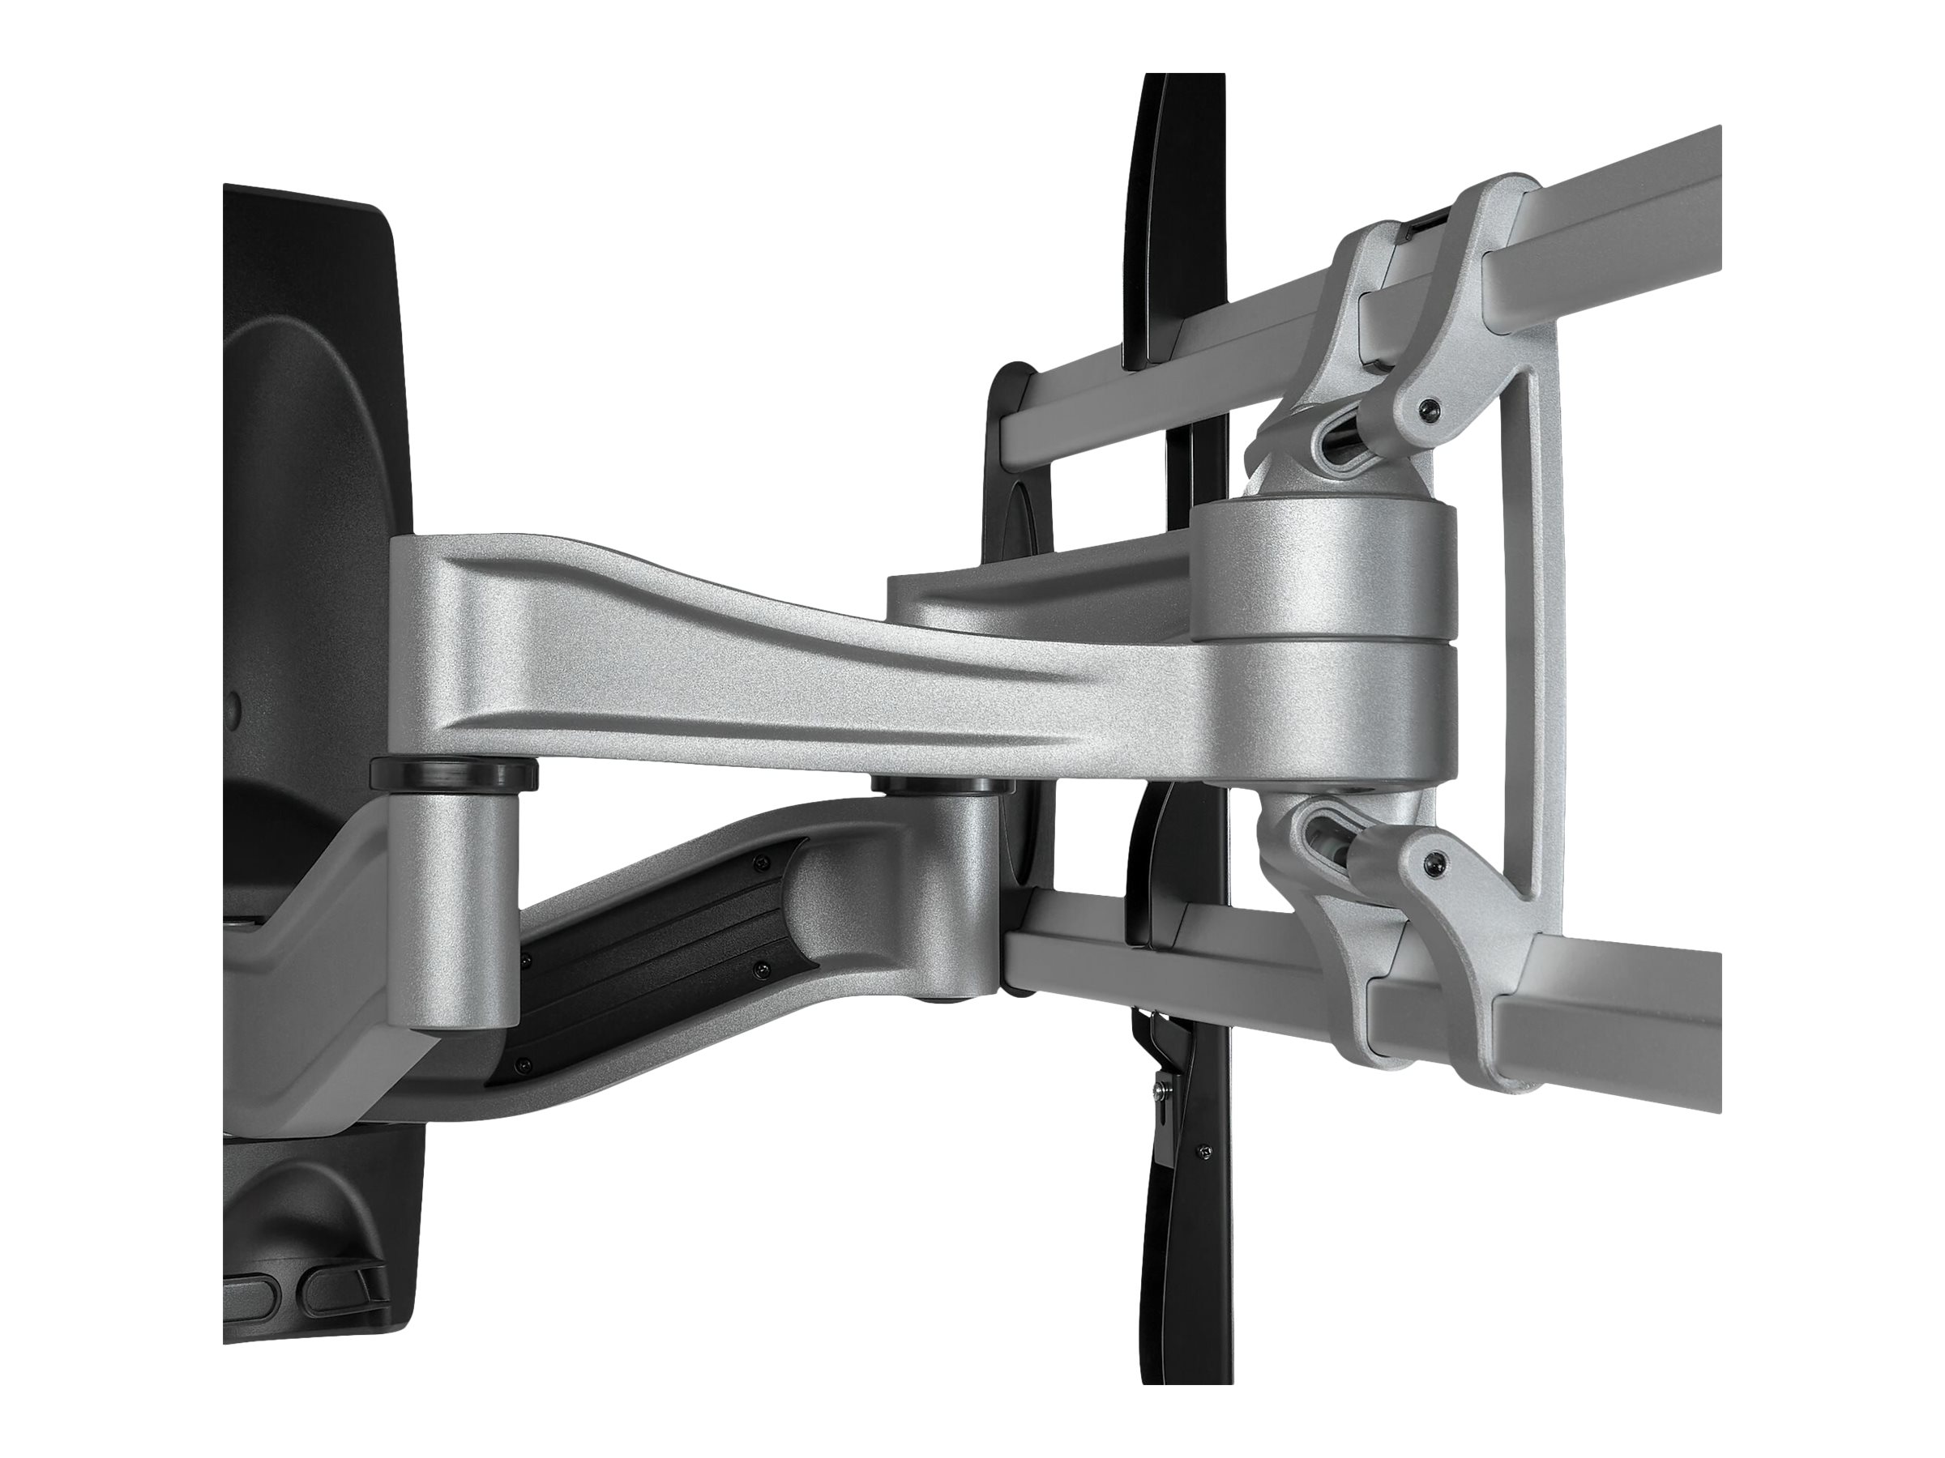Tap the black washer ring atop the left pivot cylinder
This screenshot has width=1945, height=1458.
[x=455, y=774]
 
